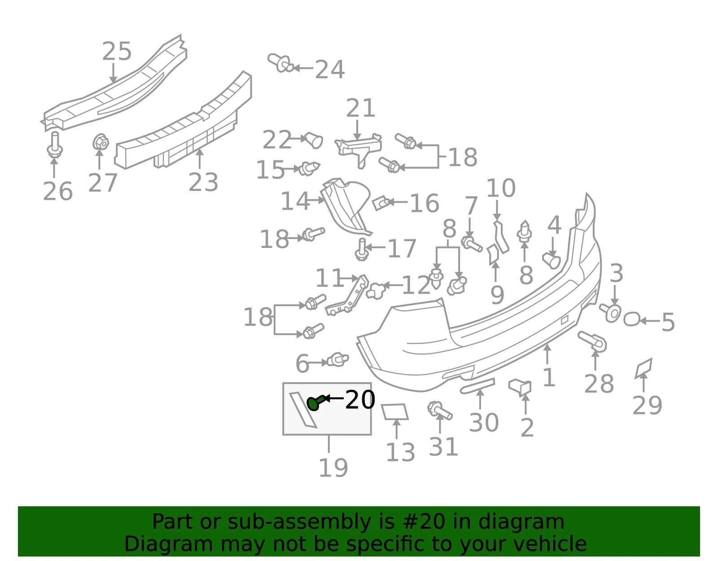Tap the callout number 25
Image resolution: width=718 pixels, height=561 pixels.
117,51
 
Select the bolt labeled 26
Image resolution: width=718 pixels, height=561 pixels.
54,145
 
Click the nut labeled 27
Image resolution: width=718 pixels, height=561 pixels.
101,142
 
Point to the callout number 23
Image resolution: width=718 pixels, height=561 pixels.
203,182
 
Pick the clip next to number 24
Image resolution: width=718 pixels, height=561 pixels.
280,63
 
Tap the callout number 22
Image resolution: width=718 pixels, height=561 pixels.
277,140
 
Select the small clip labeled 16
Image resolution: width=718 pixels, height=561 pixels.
382,203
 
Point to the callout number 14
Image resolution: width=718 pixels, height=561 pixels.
295,201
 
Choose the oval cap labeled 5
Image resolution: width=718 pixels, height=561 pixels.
631,319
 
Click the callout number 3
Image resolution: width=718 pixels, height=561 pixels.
616,273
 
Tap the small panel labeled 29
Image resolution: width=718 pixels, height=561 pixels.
644,368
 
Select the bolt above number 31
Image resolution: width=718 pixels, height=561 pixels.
439,411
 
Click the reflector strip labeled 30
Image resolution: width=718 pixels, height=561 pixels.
477,386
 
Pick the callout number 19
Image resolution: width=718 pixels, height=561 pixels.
333,468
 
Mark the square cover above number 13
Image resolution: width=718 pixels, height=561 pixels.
395,411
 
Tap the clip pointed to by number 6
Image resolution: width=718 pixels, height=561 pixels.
337,359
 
